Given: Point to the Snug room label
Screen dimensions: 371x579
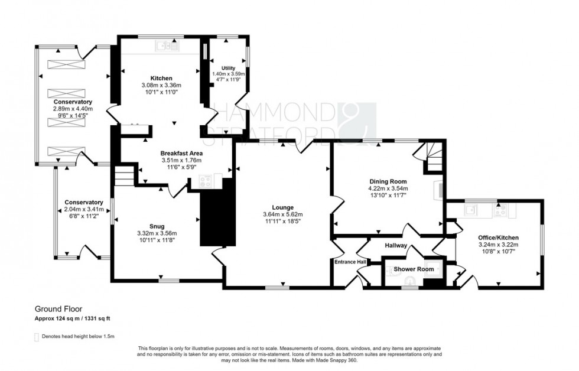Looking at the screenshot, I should (157, 226).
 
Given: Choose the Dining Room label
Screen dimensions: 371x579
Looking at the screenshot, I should (387, 181).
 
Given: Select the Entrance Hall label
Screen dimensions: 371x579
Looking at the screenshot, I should (350, 262).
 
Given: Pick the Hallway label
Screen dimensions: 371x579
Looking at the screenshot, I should (396, 246).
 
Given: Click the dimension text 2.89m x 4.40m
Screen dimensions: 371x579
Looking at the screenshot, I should (73, 109).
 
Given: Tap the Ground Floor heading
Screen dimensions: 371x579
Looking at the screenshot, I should (58, 309).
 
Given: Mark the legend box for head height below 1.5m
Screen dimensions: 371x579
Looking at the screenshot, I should (37, 337).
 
